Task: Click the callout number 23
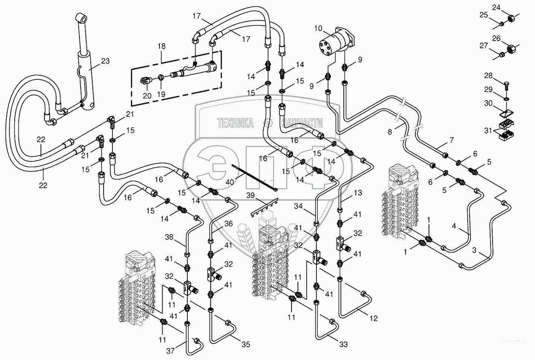105,61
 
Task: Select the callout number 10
318,28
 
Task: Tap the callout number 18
161,46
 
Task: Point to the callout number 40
230,182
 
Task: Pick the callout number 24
496,7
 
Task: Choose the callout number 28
488,76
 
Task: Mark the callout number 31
488,131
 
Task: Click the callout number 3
474,250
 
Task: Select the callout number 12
373,319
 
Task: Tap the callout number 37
170,351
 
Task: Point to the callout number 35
246,344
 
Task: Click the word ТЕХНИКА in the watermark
235,123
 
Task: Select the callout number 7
451,140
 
